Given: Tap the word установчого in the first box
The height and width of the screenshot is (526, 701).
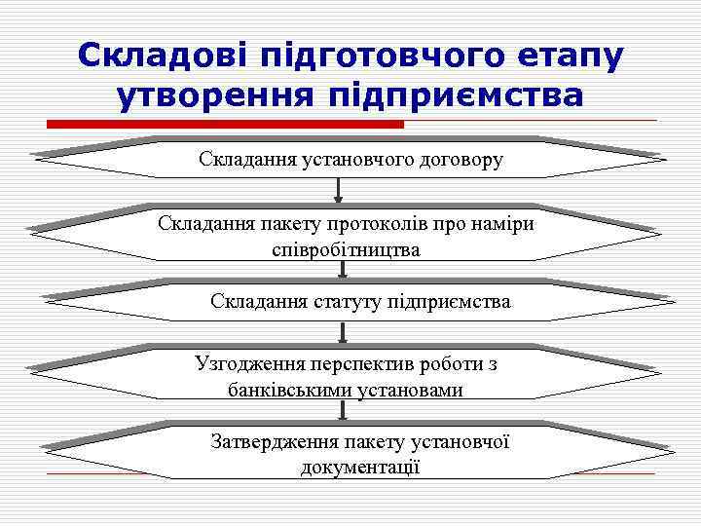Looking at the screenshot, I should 346,159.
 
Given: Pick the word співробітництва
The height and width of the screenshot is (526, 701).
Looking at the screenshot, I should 347,250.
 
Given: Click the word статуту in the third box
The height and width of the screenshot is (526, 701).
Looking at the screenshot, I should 346,302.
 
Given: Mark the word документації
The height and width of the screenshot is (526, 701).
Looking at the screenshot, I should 360,468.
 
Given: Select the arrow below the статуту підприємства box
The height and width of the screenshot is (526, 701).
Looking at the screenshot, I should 343,331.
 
